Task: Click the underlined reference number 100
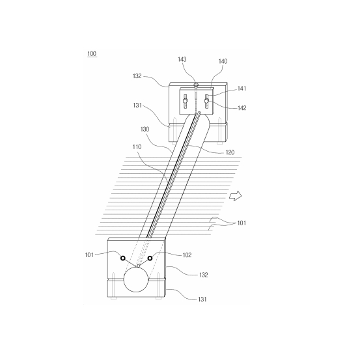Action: click(92, 54)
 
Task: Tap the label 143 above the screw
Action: click(182, 59)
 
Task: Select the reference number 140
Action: click(223, 61)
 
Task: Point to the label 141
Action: click(242, 89)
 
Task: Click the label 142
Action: click(242, 108)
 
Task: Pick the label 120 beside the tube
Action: click(230, 152)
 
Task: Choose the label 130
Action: click(145, 130)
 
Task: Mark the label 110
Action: click(137, 146)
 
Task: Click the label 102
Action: click(187, 255)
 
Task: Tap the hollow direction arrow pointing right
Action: click(236, 196)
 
